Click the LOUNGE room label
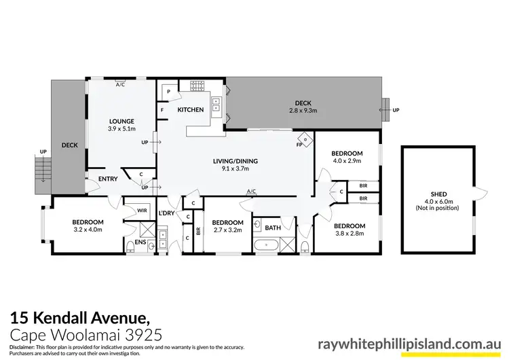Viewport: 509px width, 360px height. tap(121, 121)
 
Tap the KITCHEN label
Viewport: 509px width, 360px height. tap(191, 109)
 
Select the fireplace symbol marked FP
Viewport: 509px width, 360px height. tap(305, 139)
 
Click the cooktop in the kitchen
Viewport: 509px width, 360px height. tap(196, 86)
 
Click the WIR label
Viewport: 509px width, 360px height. tap(142, 211)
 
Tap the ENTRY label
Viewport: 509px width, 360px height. tap(108, 179)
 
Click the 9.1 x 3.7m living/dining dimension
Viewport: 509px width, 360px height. tap(235, 168)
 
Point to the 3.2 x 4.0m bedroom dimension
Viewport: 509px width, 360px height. tap(88, 230)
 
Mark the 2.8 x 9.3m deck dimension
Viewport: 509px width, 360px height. tap(303, 110)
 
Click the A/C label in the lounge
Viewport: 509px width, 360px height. tap(120, 85)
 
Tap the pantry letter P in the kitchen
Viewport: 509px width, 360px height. tap(168, 91)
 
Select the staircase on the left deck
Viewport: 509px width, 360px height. tap(42, 167)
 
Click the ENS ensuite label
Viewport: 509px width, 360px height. tap(140, 242)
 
